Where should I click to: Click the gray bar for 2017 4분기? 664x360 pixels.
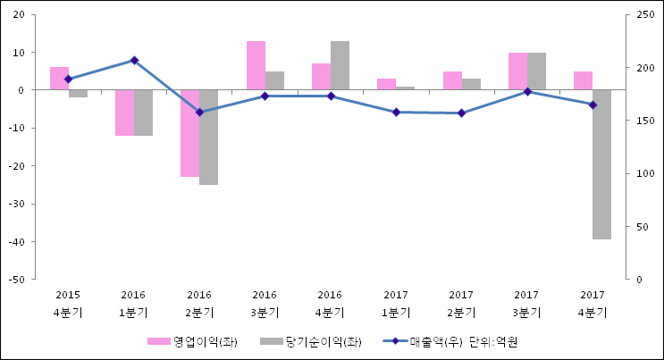click(x=601, y=164)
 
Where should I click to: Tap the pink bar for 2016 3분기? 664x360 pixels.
click(x=256, y=65)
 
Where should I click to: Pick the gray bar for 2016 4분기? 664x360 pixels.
click(x=340, y=65)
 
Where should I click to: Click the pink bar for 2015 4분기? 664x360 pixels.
click(x=59, y=79)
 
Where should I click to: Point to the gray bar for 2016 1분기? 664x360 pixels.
click(x=143, y=113)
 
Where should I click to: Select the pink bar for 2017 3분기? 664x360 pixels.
click(x=517, y=71)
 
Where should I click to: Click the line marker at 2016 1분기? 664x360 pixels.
click(x=134, y=60)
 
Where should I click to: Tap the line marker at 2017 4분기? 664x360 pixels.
click(x=593, y=105)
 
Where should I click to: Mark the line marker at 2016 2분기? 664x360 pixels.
click(x=199, y=113)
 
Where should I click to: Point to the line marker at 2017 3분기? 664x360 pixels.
click(x=527, y=91)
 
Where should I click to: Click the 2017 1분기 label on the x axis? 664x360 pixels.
click(x=396, y=304)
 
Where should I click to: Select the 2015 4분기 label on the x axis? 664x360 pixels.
click(x=68, y=304)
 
